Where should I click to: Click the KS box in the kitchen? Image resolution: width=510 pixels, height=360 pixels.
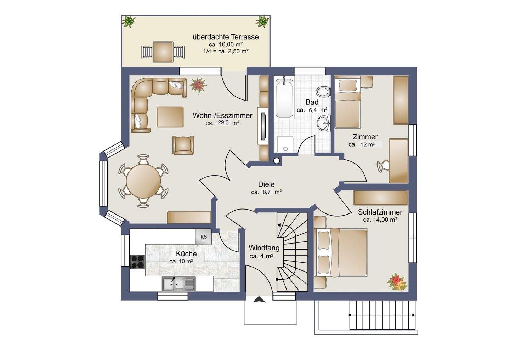click(203, 237)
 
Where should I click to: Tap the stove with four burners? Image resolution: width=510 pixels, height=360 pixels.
click(137, 262)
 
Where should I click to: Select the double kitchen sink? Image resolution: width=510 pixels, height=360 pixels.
click(179, 284)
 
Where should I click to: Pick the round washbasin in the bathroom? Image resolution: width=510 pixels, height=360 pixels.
click(324, 123)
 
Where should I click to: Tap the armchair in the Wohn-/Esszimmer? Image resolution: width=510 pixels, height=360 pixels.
click(183, 145)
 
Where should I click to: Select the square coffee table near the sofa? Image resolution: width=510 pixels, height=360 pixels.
click(170, 117)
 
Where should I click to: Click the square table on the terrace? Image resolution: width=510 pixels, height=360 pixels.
click(163, 52)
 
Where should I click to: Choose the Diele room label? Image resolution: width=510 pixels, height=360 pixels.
click(266, 184)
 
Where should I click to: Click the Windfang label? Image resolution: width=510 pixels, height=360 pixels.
click(264, 247)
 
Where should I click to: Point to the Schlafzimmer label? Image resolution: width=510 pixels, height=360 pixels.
click(380, 212)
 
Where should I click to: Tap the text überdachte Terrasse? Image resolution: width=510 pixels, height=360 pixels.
click(226, 37)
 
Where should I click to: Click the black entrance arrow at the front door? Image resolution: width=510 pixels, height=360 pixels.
click(259, 300)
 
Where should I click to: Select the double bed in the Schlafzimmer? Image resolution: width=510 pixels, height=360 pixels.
click(341, 253)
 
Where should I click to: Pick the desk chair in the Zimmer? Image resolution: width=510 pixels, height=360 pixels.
click(384, 166)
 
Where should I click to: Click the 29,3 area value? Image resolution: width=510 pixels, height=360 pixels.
click(223, 122)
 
